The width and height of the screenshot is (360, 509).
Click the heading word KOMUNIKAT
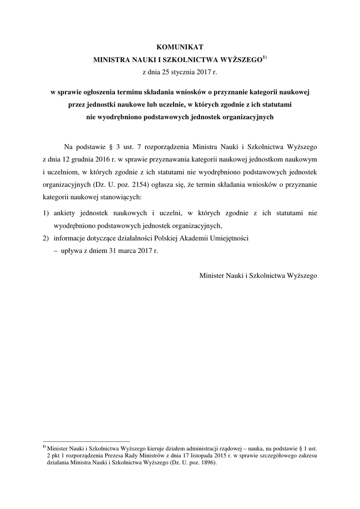(180, 47)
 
